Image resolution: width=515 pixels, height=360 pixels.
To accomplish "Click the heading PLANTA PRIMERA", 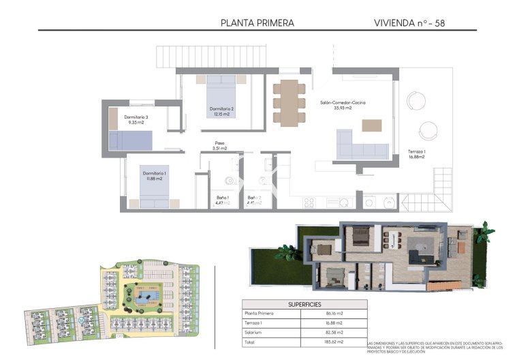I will click(257, 22).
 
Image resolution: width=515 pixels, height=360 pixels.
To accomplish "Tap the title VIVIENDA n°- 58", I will click(414, 22).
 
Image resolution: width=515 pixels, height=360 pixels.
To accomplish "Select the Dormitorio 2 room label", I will click(222, 111).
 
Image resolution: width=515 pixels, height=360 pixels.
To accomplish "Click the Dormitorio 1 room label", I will click(153, 176).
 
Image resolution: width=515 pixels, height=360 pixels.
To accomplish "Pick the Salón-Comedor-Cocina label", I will click(343, 105).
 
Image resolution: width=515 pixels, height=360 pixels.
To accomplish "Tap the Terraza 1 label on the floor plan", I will click(417, 153).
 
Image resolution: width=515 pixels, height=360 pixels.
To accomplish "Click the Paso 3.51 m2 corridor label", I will click(219, 145).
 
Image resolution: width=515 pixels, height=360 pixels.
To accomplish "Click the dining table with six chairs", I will click(290, 102).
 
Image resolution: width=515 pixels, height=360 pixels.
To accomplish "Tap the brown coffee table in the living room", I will click(372, 125).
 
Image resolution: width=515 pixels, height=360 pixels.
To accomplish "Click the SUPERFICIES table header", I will click(305, 304).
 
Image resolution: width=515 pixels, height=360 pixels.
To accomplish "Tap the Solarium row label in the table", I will click(254, 332).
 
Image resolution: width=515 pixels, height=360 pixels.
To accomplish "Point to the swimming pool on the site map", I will click(143, 299).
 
